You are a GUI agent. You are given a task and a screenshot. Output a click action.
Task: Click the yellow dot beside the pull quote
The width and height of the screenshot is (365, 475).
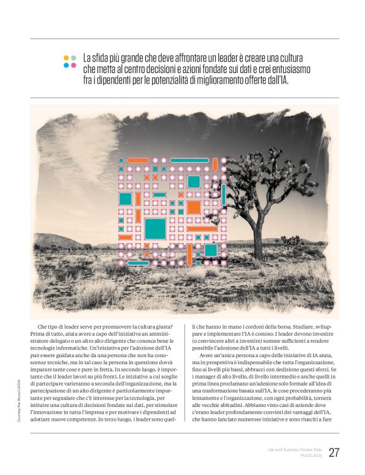[66, 57]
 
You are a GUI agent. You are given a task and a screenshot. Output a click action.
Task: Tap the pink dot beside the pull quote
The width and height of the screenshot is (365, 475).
[74, 65]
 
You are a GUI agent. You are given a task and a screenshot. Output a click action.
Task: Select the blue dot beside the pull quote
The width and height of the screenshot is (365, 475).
[66, 65]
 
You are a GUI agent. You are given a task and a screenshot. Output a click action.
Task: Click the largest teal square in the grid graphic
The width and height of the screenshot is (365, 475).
[155, 229]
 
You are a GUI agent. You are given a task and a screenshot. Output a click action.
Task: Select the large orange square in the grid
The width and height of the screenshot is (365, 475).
[194, 207]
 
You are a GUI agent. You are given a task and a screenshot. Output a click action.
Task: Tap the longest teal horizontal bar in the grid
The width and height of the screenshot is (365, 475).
[189, 160]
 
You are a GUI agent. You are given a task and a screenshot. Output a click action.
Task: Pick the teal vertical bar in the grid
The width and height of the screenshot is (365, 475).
[223, 194]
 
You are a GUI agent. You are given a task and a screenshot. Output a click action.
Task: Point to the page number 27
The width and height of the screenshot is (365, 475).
[334, 452]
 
